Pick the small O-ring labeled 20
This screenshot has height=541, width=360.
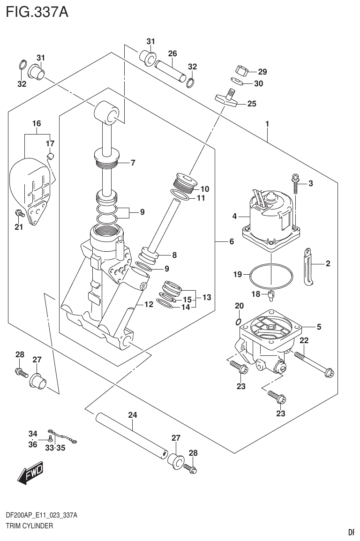[239, 322]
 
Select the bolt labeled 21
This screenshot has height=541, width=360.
[19, 214]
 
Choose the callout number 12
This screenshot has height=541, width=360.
[149, 305]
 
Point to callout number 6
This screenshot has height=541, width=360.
[231, 242]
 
